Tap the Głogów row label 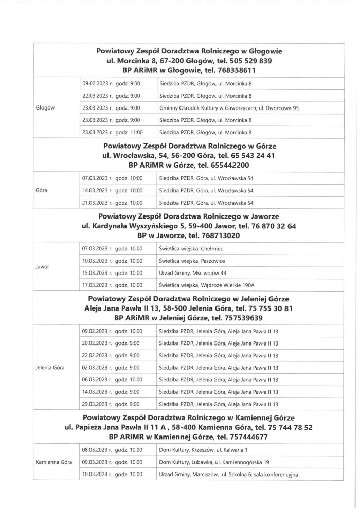[x=46, y=108]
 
